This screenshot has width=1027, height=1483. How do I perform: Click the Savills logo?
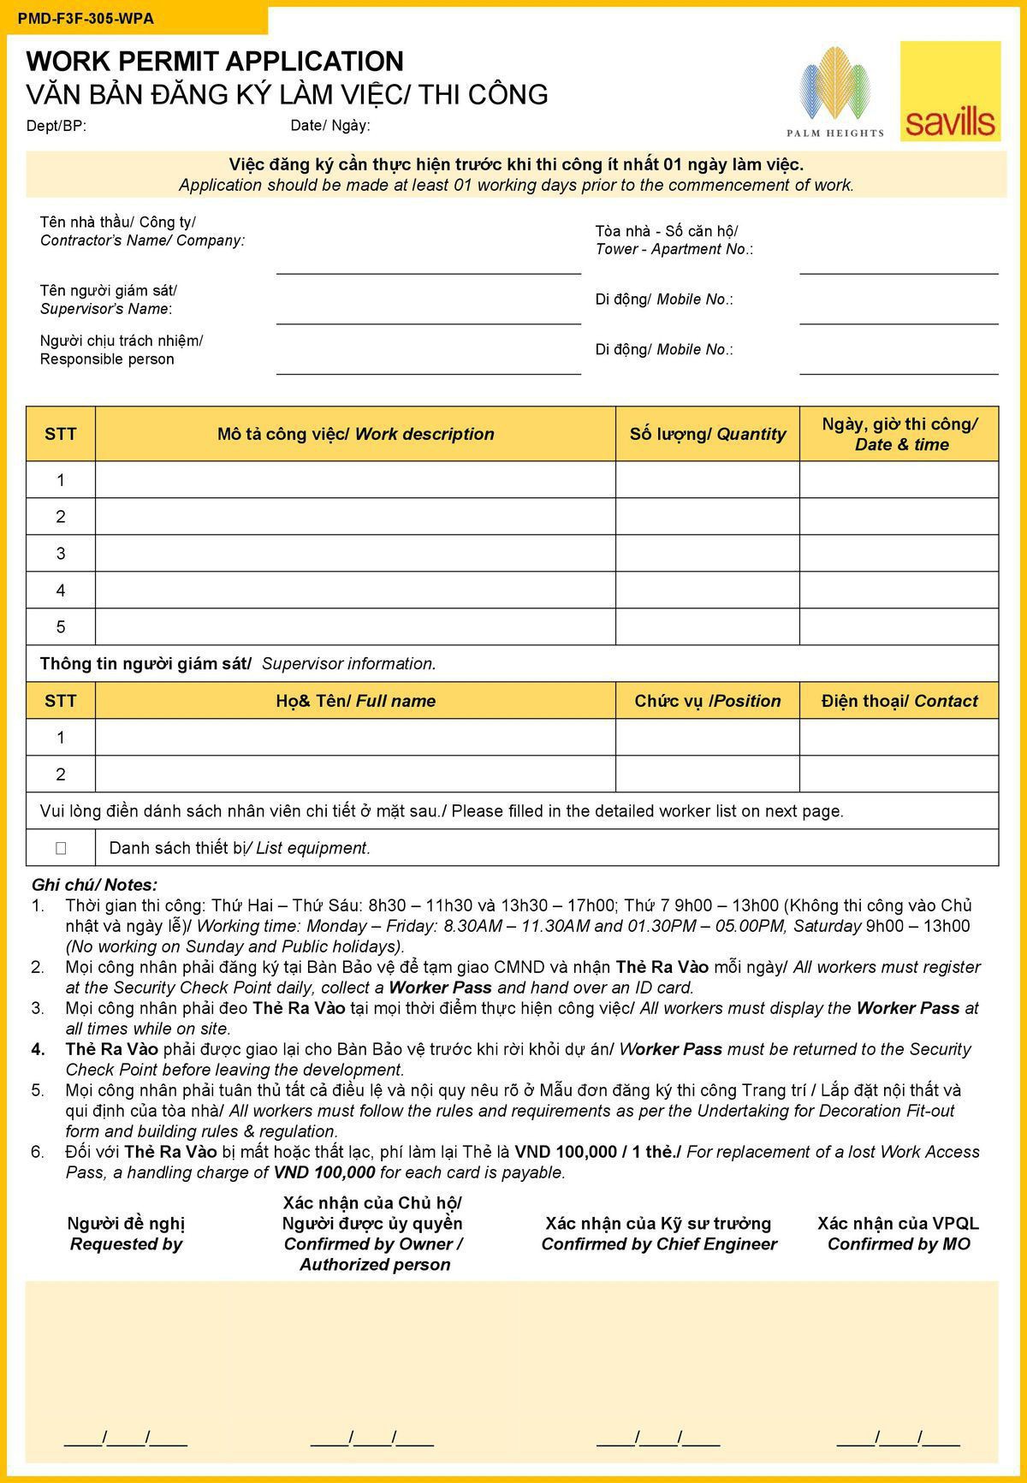point(950,91)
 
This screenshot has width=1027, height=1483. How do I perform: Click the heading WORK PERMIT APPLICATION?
point(215,62)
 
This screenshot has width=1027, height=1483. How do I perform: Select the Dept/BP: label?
point(56,127)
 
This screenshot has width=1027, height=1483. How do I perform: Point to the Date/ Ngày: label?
point(330,127)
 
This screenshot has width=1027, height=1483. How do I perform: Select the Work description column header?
point(355,434)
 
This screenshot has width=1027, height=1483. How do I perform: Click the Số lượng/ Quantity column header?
point(708,434)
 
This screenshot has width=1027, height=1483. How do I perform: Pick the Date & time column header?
point(899,434)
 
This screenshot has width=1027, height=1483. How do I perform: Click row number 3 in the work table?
point(61,554)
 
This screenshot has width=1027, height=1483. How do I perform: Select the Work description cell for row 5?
point(355,627)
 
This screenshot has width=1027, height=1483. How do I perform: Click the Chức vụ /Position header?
point(708,701)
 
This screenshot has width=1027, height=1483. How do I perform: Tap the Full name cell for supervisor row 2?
point(355,774)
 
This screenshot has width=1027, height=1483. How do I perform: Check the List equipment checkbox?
point(61,848)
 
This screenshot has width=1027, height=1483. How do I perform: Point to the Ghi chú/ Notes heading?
point(94,885)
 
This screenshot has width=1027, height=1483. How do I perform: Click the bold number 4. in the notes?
point(39,1049)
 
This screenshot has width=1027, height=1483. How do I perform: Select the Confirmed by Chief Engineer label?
point(659,1244)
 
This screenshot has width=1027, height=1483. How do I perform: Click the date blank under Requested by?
point(126,1439)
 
